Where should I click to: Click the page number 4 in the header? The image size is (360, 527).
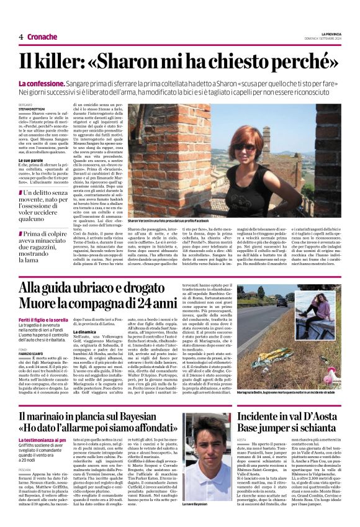click(x=21, y=37)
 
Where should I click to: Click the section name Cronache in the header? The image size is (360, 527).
click(x=42, y=37)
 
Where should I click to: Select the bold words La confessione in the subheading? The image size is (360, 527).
click(x=60, y=83)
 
